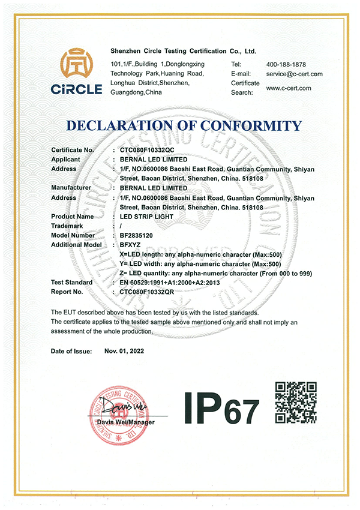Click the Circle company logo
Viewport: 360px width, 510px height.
pyautogui.click(x=81, y=73)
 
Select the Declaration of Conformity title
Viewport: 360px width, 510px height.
pyautogui.click(x=184, y=125)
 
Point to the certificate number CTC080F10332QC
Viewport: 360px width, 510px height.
pyautogui.click(x=147, y=149)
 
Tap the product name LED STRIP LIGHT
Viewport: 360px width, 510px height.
pyautogui.click(x=146, y=217)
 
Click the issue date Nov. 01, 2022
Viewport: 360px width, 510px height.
pyautogui.click(x=124, y=351)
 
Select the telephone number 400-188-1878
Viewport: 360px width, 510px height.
pyautogui.click(x=286, y=64)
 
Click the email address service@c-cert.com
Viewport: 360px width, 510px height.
pyautogui.click(x=295, y=74)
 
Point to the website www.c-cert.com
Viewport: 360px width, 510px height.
pyautogui.click(x=289, y=88)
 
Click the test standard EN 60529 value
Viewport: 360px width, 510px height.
pyautogui.click(x=167, y=282)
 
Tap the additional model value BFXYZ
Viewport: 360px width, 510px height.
pyautogui.click(x=132, y=245)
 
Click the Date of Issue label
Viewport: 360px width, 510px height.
pyautogui.click(x=71, y=351)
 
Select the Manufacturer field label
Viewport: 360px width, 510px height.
pyautogui.click(x=71, y=188)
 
